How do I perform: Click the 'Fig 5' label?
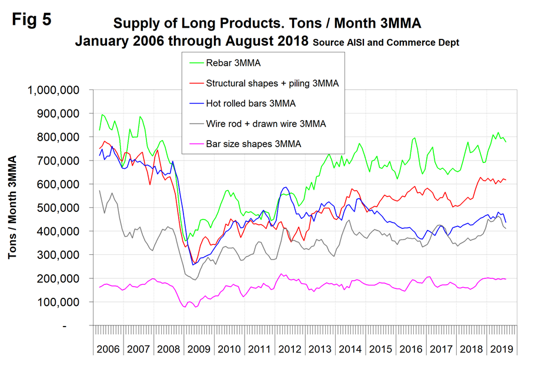(32, 19)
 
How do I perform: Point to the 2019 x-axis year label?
(500, 350)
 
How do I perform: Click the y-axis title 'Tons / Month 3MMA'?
(12, 208)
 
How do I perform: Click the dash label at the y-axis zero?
(82, 325)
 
